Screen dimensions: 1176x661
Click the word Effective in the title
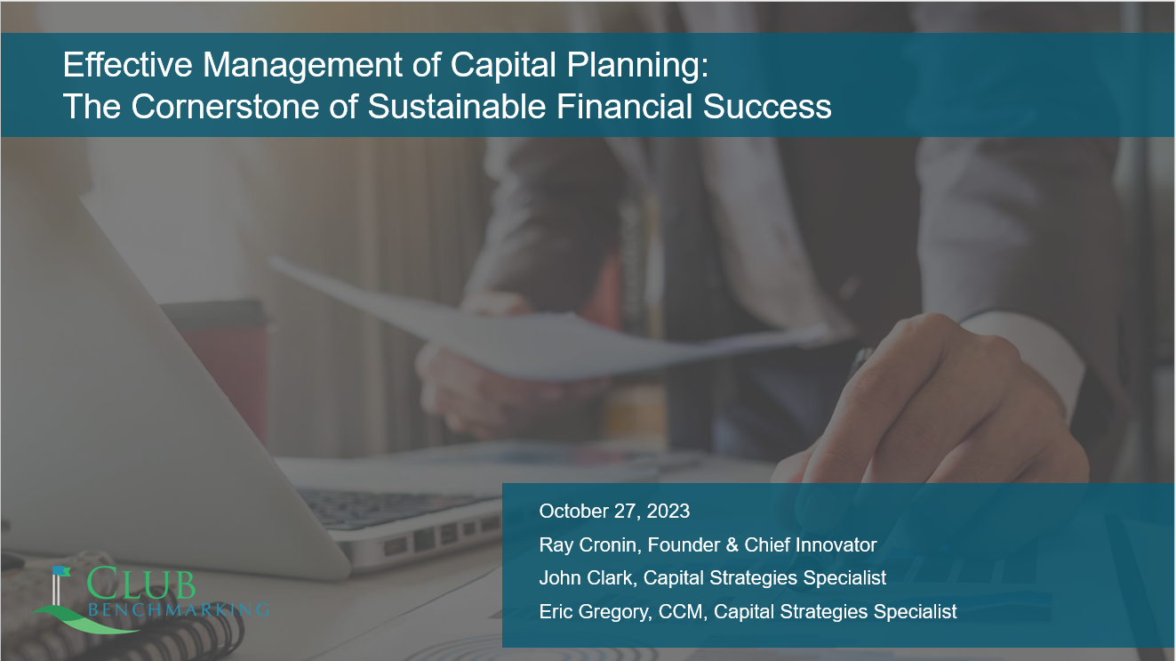coord(128,65)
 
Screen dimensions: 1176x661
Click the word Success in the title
coord(767,107)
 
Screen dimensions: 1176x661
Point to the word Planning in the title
coord(637,66)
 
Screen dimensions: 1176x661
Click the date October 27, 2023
coord(614,512)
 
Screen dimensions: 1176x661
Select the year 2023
coord(668,511)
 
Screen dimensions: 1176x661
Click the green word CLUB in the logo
coord(140,583)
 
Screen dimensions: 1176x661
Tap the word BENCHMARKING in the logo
coord(179,609)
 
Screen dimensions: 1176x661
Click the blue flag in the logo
coord(61,571)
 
